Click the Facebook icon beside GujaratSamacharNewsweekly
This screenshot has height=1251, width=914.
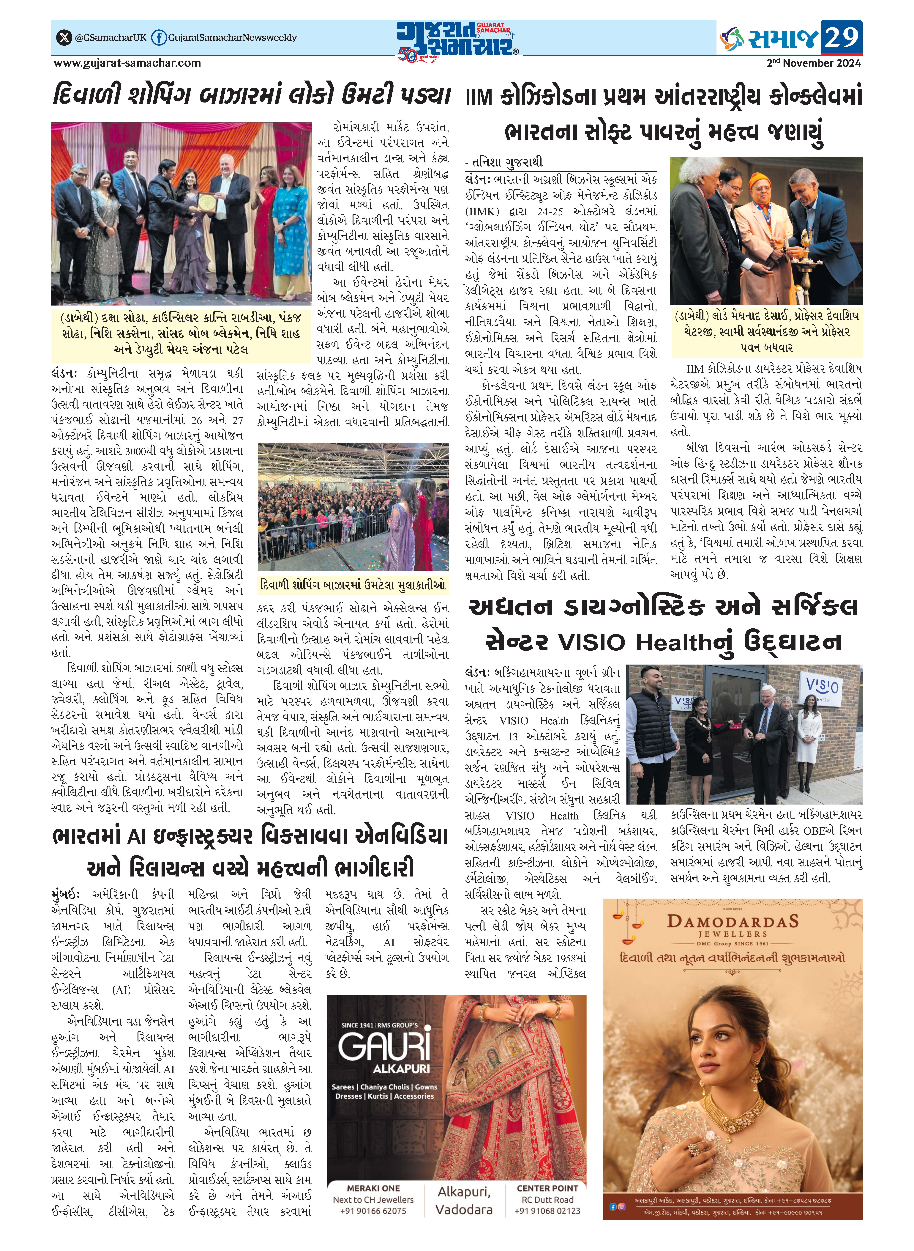tap(159, 38)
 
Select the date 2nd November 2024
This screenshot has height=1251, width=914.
tap(813, 63)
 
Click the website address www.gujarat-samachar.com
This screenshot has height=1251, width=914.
tap(127, 63)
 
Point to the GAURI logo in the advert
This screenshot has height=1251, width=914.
tap(385, 1045)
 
